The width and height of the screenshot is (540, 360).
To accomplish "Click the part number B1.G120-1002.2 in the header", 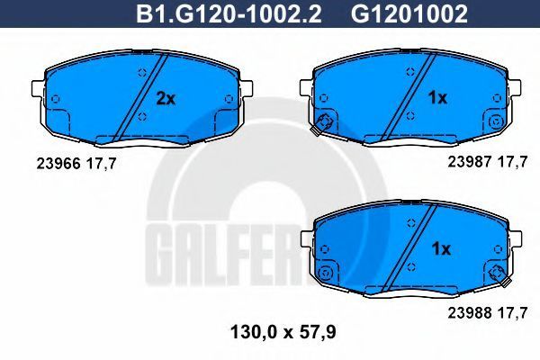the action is pos(229,14).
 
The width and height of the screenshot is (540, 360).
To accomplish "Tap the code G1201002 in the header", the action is pos(409,14).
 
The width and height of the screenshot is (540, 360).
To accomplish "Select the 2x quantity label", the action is pos(166,99).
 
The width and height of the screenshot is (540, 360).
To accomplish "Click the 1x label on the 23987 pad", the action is pos(437,98).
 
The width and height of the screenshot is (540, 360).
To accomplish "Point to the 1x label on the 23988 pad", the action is pos(441,248).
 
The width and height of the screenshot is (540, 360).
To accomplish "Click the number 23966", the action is pos(58,164).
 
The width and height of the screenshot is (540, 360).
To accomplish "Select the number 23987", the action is pos(470,162).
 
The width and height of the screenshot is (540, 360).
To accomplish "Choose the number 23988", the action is pos(470,313).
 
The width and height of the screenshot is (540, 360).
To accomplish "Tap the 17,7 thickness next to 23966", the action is pos(101,165).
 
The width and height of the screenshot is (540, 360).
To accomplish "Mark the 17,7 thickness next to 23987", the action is pos(512,162).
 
